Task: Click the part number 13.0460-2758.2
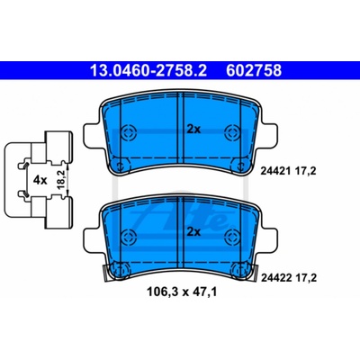148,71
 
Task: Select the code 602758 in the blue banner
254,71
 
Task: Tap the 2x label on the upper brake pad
193,130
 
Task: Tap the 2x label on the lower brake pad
193,231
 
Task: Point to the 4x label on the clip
40,180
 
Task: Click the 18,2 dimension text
61,180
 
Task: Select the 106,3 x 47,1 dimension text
182,292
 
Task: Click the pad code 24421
274,171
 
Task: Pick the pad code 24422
275,278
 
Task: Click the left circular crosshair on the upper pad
129,131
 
